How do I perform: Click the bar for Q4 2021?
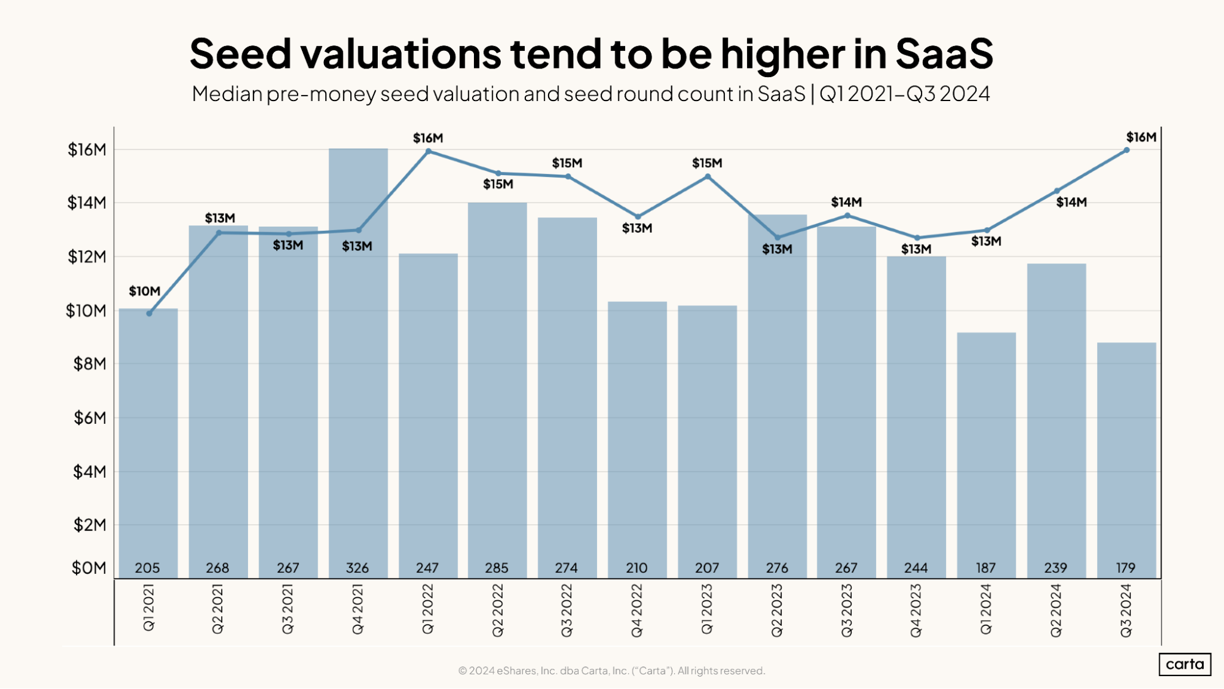(358, 367)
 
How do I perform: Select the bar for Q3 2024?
(1126, 459)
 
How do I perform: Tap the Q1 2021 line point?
(149, 313)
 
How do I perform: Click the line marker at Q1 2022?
(428, 151)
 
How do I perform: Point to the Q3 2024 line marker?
(1126, 150)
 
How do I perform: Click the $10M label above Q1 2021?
(145, 292)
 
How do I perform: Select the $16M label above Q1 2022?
(428, 138)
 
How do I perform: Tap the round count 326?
(358, 568)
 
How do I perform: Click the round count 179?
(1125, 568)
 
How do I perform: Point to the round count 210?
(637, 568)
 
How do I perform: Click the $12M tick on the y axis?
(86, 257)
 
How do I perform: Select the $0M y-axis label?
(89, 568)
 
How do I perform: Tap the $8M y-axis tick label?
(89, 364)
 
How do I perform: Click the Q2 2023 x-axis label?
(777, 610)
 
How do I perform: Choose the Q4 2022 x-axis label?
(637, 610)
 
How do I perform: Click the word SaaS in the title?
(944, 54)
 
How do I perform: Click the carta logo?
(1184, 664)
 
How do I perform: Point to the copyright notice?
(612, 671)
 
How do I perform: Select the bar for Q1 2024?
(986, 453)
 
